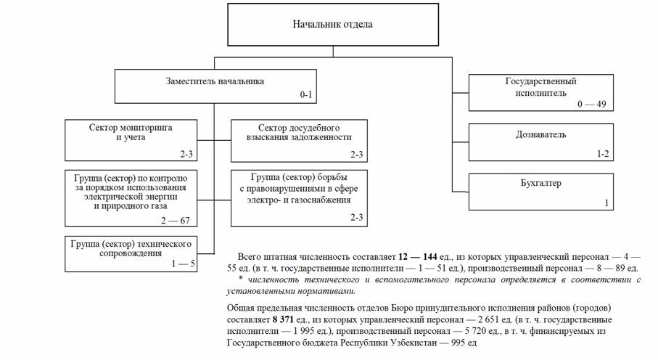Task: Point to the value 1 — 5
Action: pos(184,263)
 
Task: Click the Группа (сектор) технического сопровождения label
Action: pos(131,247)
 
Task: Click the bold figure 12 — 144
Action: pos(423,258)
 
